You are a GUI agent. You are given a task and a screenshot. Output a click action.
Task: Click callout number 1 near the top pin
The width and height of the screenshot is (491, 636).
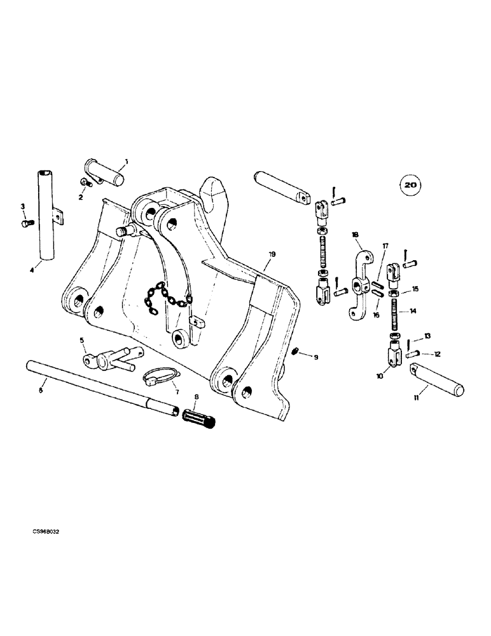(x=126, y=162)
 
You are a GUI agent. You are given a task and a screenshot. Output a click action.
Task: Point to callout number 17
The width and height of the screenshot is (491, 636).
(x=385, y=246)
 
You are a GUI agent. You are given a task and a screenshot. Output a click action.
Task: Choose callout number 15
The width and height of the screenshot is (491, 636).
(x=415, y=289)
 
